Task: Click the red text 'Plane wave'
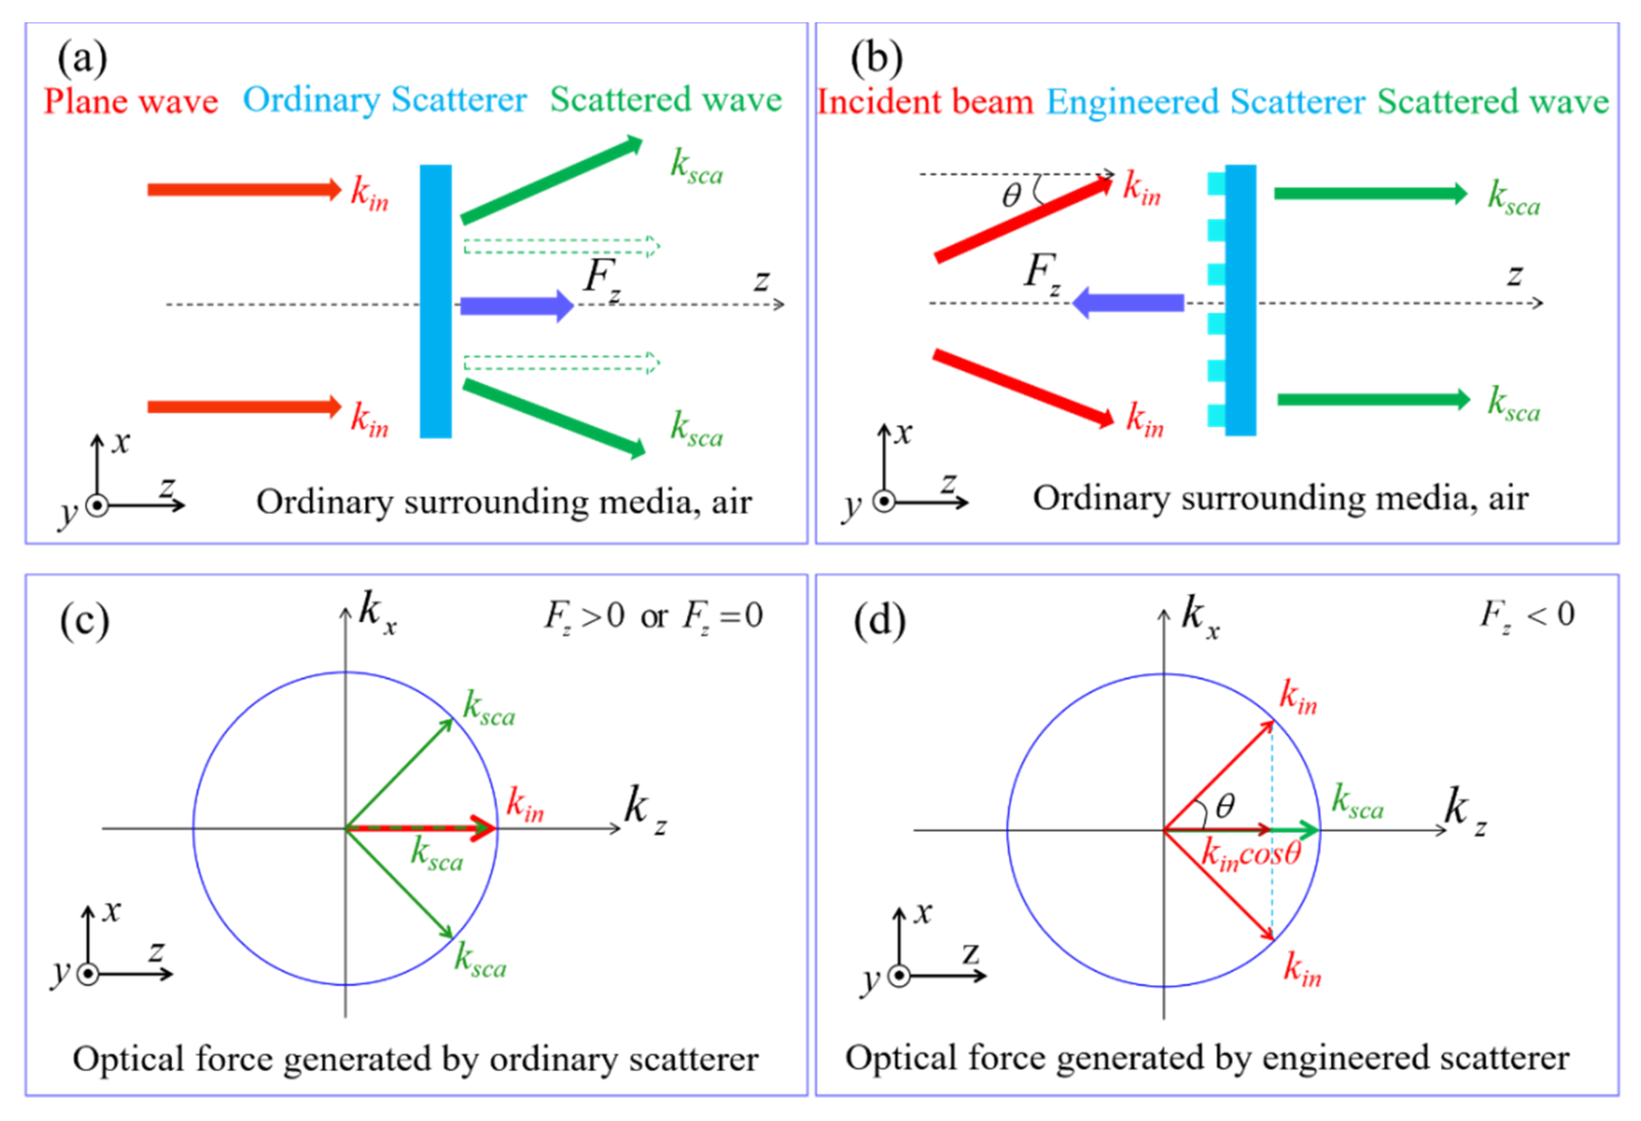pyautogui.click(x=131, y=101)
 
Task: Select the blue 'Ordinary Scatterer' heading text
pyautogui.click(x=384, y=100)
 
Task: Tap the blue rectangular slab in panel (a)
pyautogui.click(x=435, y=301)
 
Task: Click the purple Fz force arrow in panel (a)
pyautogui.click(x=516, y=306)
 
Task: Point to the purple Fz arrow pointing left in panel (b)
pyautogui.click(x=1128, y=303)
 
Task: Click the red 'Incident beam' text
pyautogui.click(x=925, y=102)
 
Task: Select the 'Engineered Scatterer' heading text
pyautogui.click(x=1206, y=102)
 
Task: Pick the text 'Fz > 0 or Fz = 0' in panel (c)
pyautogui.click(x=653, y=616)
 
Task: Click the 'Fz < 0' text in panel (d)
pyautogui.click(x=1527, y=615)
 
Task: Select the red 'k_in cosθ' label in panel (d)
pyautogui.click(x=1251, y=855)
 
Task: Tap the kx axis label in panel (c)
pyautogui.click(x=376, y=611)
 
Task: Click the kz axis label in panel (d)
pyautogui.click(x=1464, y=810)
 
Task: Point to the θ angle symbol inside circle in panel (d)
pyautogui.click(x=1225, y=805)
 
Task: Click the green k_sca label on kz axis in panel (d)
pyautogui.click(x=1356, y=803)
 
